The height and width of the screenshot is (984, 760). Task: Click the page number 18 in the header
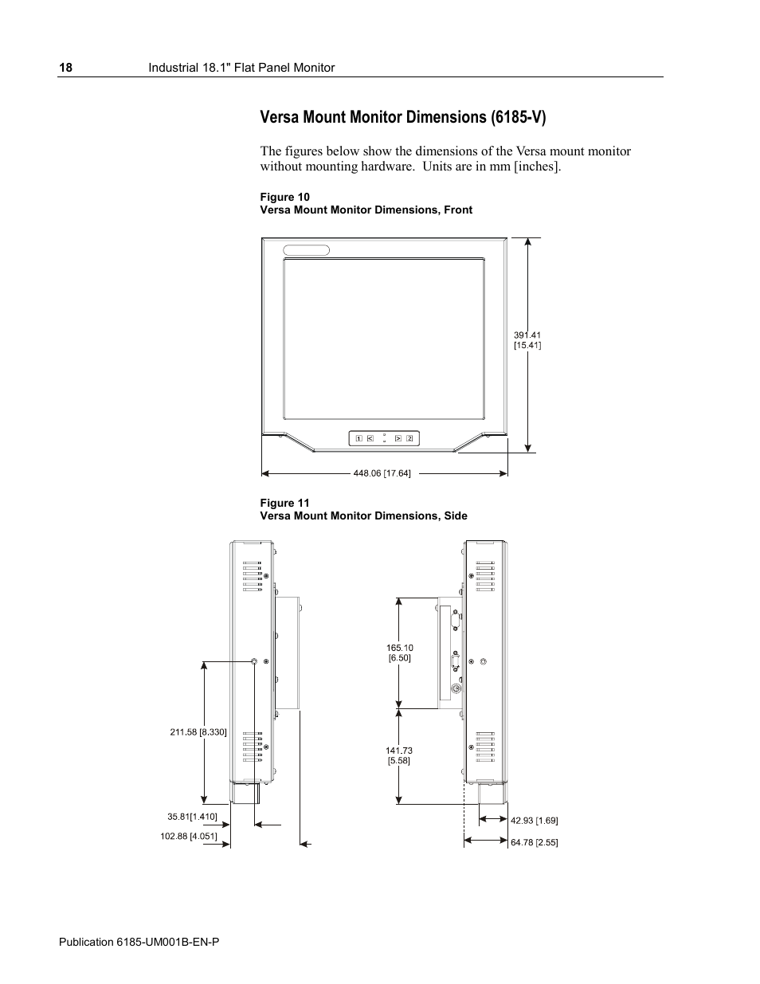(x=65, y=68)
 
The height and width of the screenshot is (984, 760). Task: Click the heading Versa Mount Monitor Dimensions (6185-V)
(x=403, y=118)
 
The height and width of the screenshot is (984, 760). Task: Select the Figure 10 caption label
(x=284, y=197)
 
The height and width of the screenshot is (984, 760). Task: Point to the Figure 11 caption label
(x=284, y=503)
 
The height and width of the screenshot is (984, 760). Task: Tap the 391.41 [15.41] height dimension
(x=527, y=340)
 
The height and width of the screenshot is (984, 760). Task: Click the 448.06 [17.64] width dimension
(x=382, y=473)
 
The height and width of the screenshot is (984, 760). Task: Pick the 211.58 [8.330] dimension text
(x=198, y=731)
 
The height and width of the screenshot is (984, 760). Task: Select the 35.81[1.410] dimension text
(x=192, y=817)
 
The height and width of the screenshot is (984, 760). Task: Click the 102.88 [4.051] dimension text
(x=189, y=836)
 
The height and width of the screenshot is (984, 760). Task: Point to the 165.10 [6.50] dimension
(x=400, y=653)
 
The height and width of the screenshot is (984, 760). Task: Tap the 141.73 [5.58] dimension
(x=399, y=755)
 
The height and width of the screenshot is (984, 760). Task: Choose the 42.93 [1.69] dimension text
(x=534, y=820)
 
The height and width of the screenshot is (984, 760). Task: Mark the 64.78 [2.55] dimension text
(x=534, y=842)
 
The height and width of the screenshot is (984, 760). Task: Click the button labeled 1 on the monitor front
(x=359, y=438)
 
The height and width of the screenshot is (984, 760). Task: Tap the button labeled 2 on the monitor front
(x=409, y=438)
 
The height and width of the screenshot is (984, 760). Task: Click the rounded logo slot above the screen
(x=307, y=249)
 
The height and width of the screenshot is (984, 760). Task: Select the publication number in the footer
(x=139, y=942)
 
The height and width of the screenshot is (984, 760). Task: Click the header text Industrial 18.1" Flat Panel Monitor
(x=242, y=68)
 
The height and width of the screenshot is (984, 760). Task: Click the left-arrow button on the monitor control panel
(x=370, y=438)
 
